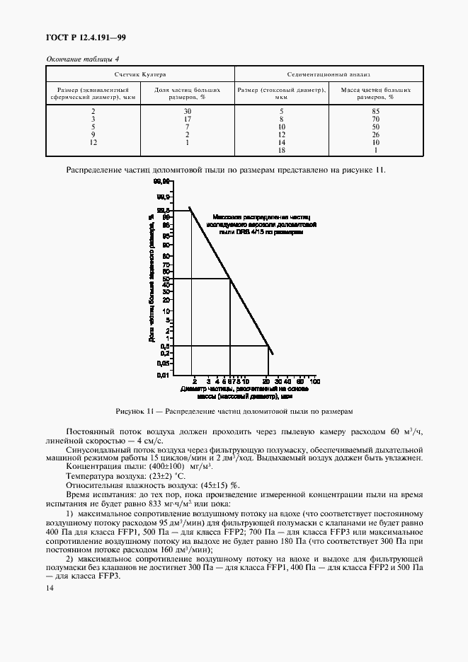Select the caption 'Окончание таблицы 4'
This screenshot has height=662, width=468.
pyautogui.click(x=82, y=59)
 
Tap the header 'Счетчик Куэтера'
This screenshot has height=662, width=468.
pyautogui.click(x=141, y=74)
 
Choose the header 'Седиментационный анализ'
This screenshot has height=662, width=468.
pyautogui.click(x=329, y=74)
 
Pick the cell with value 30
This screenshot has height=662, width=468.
pyautogui.click(x=188, y=111)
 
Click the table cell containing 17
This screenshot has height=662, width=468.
pyautogui.click(x=188, y=119)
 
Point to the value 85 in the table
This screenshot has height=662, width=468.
pyautogui.click(x=375, y=111)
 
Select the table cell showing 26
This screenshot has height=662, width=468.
pyautogui.click(x=375, y=134)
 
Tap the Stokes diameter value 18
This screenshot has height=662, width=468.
pyautogui.click(x=281, y=150)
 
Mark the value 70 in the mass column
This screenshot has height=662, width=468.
pyautogui.click(x=375, y=119)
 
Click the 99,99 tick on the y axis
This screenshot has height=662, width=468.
pyautogui.click(x=163, y=182)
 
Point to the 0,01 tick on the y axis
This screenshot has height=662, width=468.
pyautogui.click(x=163, y=374)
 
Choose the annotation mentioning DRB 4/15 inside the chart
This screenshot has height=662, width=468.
pyautogui.click(x=261, y=224)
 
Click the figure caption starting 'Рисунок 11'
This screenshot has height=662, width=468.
pyautogui.click(x=234, y=411)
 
